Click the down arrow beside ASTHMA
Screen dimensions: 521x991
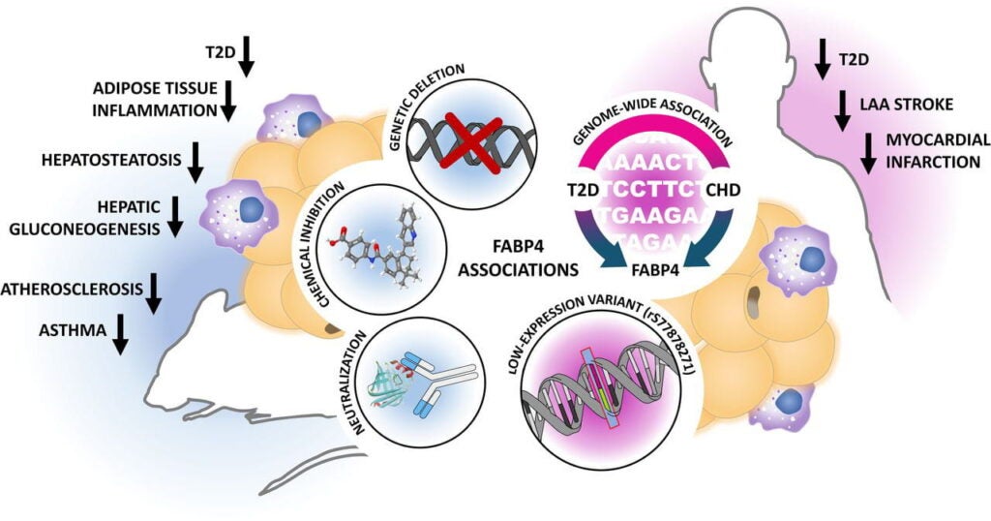[x=120, y=334]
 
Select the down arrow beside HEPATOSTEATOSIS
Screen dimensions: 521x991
[x=195, y=162]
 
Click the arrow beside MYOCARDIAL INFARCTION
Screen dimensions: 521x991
[x=868, y=153]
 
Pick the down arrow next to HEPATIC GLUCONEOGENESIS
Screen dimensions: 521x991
[x=175, y=215]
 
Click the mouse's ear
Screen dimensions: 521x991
[x=334, y=329]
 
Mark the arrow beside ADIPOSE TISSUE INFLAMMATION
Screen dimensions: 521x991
[x=229, y=101]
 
